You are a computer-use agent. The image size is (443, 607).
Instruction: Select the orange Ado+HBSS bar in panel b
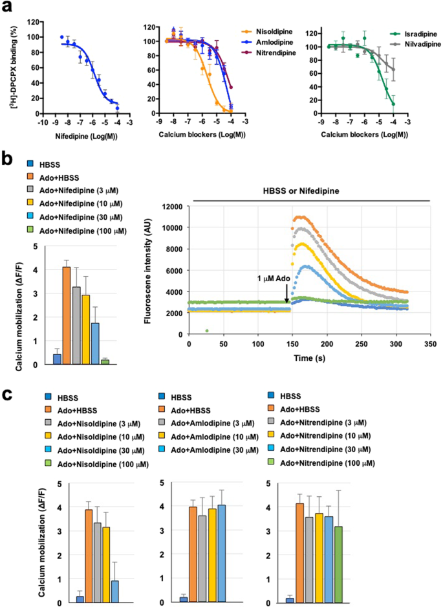pos(66,315)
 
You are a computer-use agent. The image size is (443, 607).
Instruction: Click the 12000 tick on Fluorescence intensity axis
pos(172,207)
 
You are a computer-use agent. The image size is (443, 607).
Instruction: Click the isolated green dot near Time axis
pos(207,330)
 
